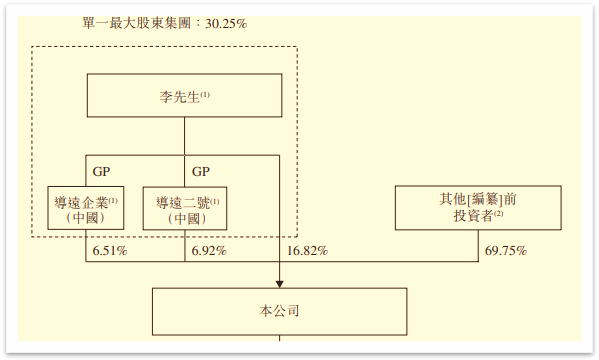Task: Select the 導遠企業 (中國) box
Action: point(86,208)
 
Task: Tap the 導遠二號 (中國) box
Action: point(186,208)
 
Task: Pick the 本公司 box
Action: point(279,311)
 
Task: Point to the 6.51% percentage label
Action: point(109,250)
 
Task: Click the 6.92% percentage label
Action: point(208,250)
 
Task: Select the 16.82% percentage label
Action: point(307,250)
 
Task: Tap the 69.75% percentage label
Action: point(505,250)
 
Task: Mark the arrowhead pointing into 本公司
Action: point(279,282)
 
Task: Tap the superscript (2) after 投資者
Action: point(498,213)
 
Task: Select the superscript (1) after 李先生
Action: point(205,94)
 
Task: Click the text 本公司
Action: point(279,311)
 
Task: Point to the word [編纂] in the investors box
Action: point(479,200)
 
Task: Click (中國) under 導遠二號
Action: point(186,218)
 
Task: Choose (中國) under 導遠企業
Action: point(86,218)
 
